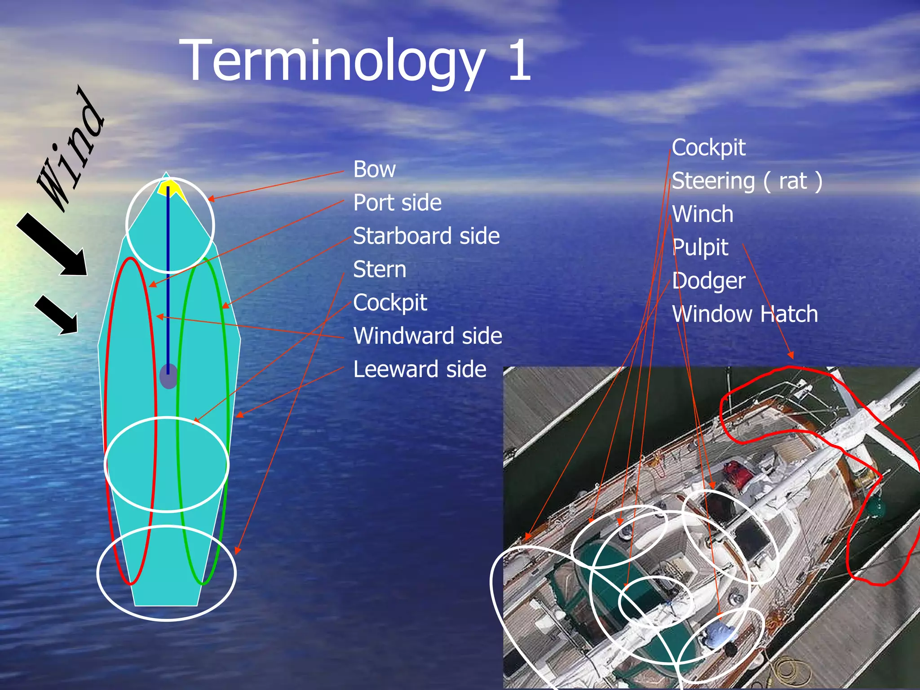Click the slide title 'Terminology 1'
pos(355,61)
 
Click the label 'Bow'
pos(374,169)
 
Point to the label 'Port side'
pos(397,203)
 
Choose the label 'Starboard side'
pos(426,236)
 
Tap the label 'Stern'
pos(380,270)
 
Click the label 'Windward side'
pos(427,336)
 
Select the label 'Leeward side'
pos(420,369)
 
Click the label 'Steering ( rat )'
pos(747,181)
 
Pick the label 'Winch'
pos(703,214)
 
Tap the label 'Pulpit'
pos(700,248)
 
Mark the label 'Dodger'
pos(708,281)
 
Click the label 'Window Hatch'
pos(745,314)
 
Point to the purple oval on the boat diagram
pos(168,376)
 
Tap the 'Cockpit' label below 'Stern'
pos(390,303)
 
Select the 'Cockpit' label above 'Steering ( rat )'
pos(708,148)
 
